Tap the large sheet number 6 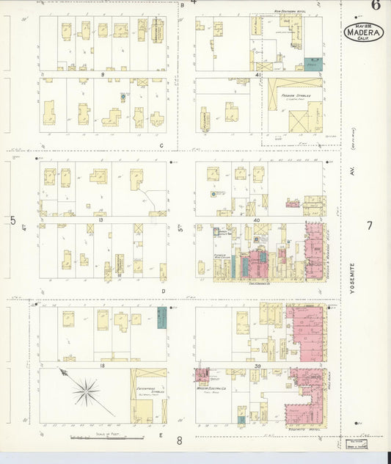375,6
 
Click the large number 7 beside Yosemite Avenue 370,225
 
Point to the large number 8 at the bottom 179,441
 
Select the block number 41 257,75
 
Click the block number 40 257,220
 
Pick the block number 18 103,364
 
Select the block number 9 103,75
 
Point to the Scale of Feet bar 106,438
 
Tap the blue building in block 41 313,65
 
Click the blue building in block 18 161,317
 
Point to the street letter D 162,290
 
